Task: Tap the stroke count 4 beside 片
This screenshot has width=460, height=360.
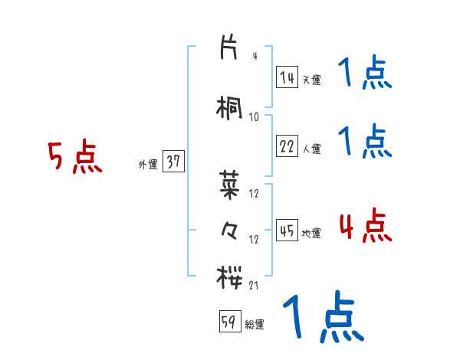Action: [255, 57]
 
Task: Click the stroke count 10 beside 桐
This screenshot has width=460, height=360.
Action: [255, 116]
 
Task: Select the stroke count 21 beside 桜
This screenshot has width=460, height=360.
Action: [255, 285]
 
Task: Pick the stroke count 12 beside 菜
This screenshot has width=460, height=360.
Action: [255, 193]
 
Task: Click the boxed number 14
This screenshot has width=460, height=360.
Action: [287, 77]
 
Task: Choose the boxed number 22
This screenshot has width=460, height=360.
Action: [287, 147]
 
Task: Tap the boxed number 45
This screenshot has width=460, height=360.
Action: [287, 231]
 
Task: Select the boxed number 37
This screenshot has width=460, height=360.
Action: [173, 162]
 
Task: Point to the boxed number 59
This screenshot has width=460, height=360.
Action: [229, 322]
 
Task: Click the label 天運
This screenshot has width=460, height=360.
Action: [311, 80]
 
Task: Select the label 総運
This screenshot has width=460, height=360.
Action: [255, 325]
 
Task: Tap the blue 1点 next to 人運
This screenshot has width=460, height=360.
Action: [364, 142]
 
